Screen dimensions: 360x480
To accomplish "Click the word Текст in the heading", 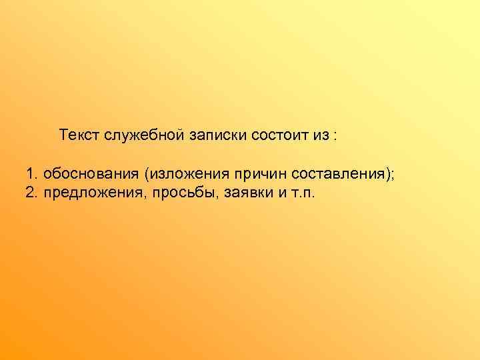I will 79,135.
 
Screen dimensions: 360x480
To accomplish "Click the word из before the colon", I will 319,135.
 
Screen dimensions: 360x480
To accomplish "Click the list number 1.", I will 31,174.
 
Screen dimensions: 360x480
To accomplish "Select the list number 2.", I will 31,193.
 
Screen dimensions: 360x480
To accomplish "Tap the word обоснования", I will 88,174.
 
